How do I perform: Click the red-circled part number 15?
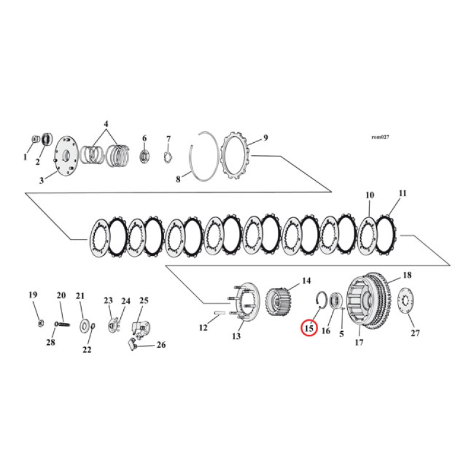tap(309, 327)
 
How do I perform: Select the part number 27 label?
tap(415, 333)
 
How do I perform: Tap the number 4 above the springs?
tap(106, 124)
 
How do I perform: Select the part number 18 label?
tap(407, 276)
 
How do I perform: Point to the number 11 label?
tap(403, 193)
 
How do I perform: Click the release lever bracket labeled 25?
tap(140, 328)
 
